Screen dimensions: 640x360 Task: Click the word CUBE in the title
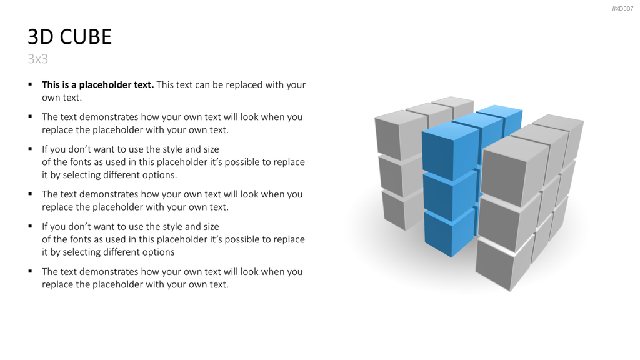(86, 37)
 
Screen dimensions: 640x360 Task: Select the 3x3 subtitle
(38, 59)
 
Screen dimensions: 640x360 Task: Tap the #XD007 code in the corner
(622, 9)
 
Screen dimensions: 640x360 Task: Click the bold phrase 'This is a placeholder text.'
(98, 84)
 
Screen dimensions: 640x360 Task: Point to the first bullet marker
(30, 84)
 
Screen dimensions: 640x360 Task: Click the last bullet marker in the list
(30, 271)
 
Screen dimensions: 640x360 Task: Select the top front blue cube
(450, 151)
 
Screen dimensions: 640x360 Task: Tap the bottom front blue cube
(450, 234)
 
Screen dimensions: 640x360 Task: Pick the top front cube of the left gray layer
(400, 135)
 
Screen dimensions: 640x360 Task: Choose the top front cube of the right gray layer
(514, 171)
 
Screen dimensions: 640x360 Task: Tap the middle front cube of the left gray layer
(400, 176)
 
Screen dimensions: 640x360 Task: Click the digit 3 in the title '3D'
(34, 37)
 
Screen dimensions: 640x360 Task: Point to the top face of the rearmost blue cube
(499, 110)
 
